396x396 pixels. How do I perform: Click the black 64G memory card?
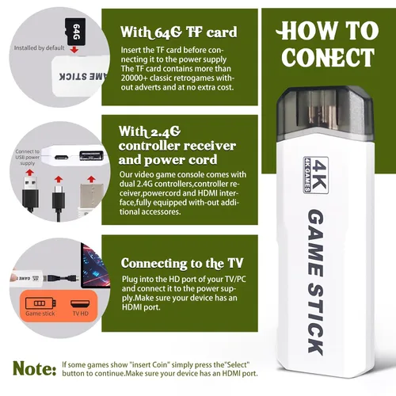click(x=75, y=32)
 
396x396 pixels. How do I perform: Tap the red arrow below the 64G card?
click(x=74, y=50)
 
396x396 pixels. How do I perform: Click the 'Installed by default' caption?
click(x=39, y=48)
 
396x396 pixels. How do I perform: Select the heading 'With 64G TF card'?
click(x=178, y=32)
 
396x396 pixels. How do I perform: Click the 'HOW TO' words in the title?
click(x=327, y=31)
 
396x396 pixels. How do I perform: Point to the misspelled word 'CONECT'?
click(x=328, y=57)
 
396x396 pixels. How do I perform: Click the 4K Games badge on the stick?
click(x=316, y=175)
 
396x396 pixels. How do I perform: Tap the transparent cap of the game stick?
click(x=326, y=112)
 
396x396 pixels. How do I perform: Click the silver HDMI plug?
click(x=91, y=196)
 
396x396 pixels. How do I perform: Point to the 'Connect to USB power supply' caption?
click(x=28, y=158)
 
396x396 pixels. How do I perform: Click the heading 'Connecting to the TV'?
click(x=182, y=263)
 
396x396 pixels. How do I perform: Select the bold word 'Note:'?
click(x=35, y=368)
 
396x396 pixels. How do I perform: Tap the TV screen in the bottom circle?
click(x=95, y=266)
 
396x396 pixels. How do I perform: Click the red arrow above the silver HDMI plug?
click(x=91, y=179)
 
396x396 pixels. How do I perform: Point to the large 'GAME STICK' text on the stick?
click(x=315, y=282)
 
